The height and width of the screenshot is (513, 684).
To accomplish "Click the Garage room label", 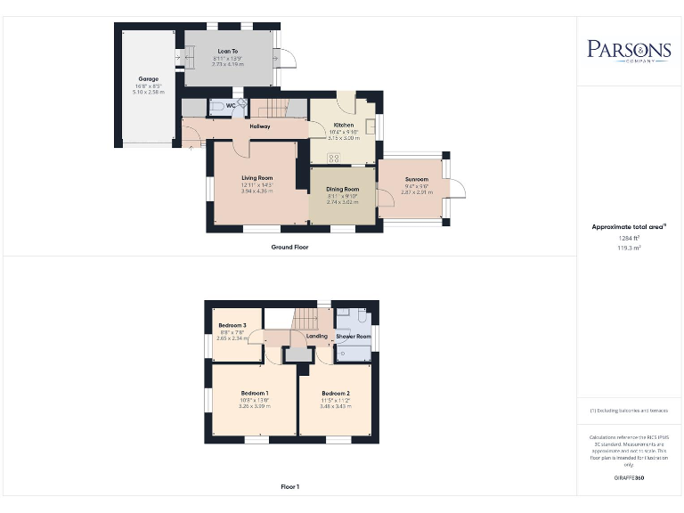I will click(148, 78).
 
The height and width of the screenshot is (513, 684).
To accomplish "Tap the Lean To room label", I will click(228, 52).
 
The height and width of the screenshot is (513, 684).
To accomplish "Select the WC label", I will click(231, 106).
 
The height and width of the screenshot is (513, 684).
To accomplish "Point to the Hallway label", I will click(260, 126).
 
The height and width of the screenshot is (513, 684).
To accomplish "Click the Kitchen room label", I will click(344, 126).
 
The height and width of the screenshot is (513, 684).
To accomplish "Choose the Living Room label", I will click(257, 178).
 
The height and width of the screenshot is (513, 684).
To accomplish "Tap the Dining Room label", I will click(343, 189).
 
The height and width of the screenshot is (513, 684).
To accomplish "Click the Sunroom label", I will click(415, 179).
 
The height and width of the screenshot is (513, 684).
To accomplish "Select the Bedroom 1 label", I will click(255, 393).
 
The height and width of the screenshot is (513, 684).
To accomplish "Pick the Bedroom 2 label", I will click(335, 393).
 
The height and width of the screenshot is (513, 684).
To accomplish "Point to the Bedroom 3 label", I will click(232, 326).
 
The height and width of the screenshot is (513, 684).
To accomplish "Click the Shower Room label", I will click(354, 337).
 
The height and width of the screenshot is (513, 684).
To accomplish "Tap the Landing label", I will click(317, 337).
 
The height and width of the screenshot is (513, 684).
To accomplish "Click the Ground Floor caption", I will click(290, 247).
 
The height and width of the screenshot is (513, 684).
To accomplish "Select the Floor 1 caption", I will click(290, 487).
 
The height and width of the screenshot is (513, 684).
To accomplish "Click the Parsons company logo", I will click(629, 50).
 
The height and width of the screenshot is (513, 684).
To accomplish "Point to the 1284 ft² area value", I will click(629, 238).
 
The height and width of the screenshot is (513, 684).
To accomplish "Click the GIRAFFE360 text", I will click(629, 479).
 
